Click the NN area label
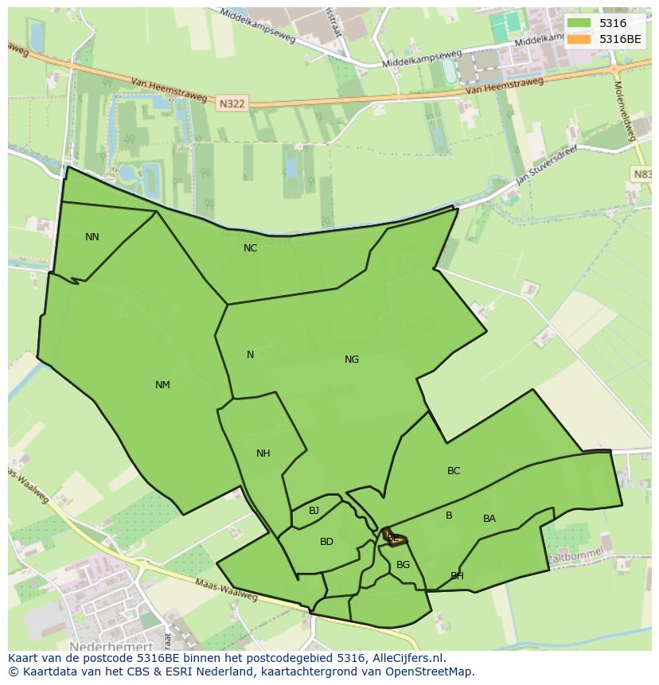[92, 237]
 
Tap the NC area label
[250, 248]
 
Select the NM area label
[162, 385]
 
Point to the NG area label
[352, 360]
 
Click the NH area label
[263, 453]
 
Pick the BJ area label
[314, 511]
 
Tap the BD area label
[326, 542]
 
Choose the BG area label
[403, 565]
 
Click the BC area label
[454, 471]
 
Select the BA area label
[489, 519]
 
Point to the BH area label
[457, 576]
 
